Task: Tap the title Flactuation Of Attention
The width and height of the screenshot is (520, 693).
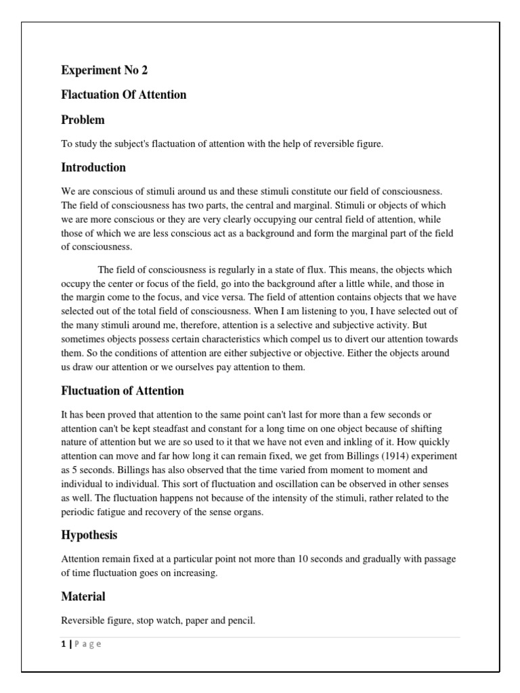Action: pos(124,95)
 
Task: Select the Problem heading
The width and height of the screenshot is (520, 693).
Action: pos(83,120)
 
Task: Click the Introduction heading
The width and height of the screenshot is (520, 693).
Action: pos(93,167)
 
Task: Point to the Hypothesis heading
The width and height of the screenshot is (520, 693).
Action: pos(89,535)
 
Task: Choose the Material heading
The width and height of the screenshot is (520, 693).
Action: pos(83,596)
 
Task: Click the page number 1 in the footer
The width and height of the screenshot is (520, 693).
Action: pos(64,644)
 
